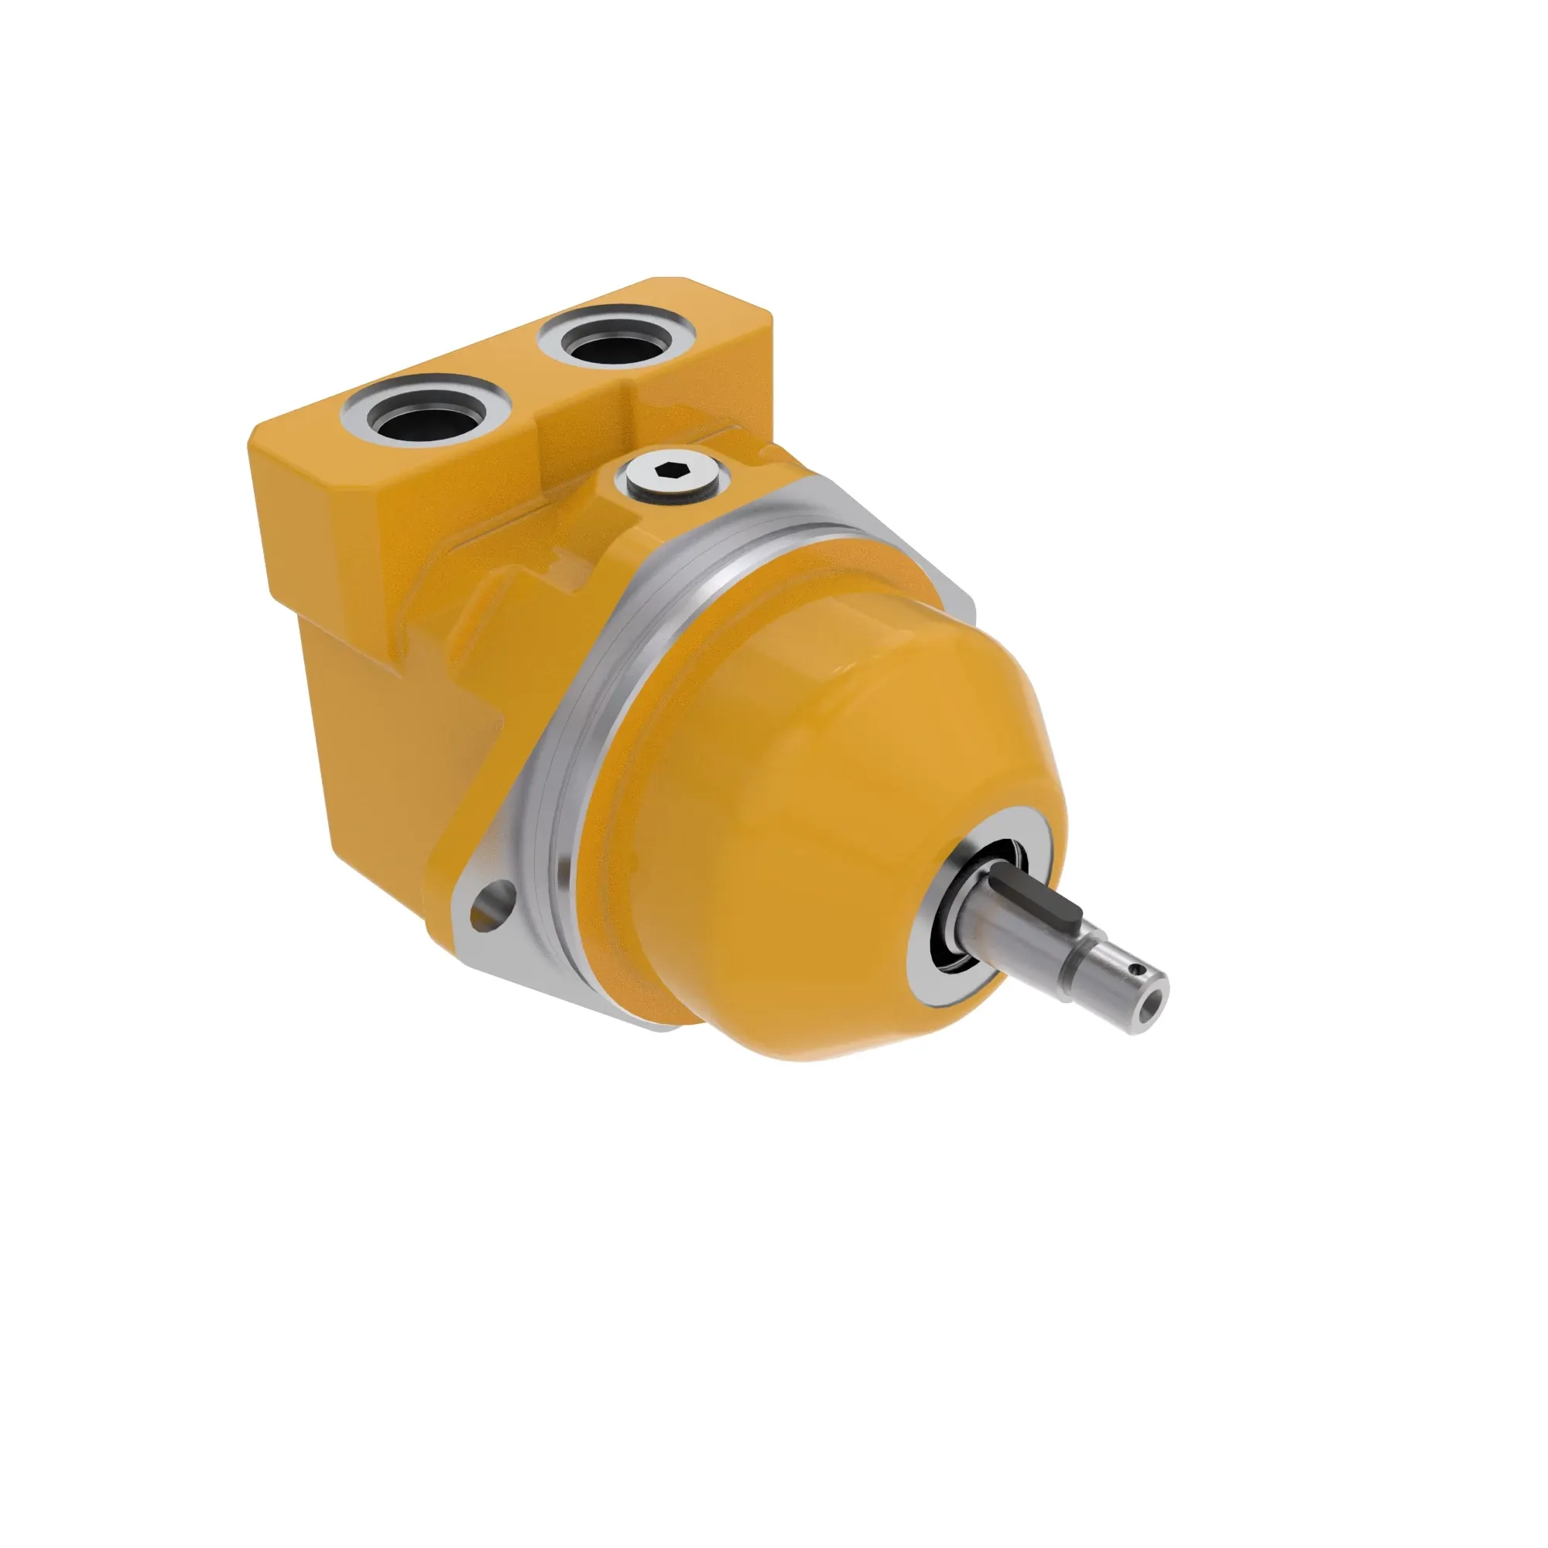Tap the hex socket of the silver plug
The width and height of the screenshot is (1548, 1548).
(x=671, y=475)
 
